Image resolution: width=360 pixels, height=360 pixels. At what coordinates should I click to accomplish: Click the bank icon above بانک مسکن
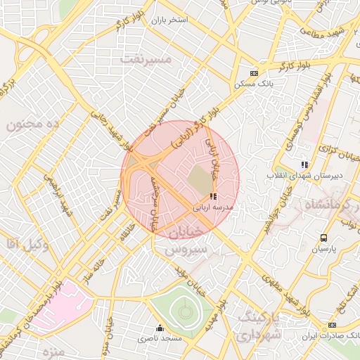[x=254, y=73]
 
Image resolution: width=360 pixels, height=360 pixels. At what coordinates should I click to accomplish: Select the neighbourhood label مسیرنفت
[x=146, y=59]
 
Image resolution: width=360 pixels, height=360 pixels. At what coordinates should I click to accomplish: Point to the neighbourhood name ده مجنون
[x=35, y=124]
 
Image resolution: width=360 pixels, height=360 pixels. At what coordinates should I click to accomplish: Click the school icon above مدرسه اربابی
[x=213, y=196]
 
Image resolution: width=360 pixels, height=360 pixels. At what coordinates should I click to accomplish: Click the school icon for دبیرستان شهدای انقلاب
[x=304, y=165]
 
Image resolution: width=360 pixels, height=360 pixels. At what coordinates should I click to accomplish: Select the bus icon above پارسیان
[x=323, y=238]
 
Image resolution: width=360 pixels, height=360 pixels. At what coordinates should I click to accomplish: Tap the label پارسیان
[x=324, y=250]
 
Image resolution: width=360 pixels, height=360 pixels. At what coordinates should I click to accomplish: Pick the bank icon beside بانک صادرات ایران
[x=332, y=325]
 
